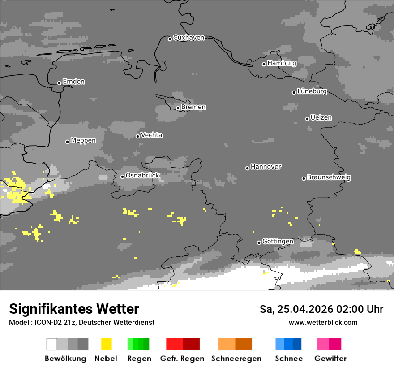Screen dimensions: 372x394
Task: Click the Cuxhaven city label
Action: (x=188, y=38)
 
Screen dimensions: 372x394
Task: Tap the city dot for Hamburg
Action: (x=264, y=64)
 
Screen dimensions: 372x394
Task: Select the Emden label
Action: (x=73, y=82)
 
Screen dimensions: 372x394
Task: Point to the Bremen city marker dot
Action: (x=178, y=108)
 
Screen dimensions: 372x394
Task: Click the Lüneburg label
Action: (x=312, y=91)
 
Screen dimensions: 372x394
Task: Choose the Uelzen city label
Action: (x=321, y=117)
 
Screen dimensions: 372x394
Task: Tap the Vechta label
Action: (x=151, y=135)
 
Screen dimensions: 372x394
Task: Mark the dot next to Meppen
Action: (x=67, y=142)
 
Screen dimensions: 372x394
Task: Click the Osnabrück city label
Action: (x=142, y=175)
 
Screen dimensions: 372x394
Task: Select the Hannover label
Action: (x=266, y=167)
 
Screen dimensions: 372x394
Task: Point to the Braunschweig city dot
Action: (x=304, y=178)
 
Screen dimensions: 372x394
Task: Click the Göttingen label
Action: (x=278, y=241)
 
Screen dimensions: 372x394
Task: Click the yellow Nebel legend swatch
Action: (x=106, y=344)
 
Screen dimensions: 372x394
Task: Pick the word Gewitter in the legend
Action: (x=330, y=359)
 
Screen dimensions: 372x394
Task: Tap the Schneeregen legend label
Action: (x=236, y=359)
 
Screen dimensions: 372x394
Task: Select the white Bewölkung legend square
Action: (x=51, y=344)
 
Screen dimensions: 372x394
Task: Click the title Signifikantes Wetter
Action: (x=74, y=309)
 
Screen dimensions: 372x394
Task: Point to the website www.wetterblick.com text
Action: (x=323, y=322)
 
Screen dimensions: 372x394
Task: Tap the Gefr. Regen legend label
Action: (x=182, y=359)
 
